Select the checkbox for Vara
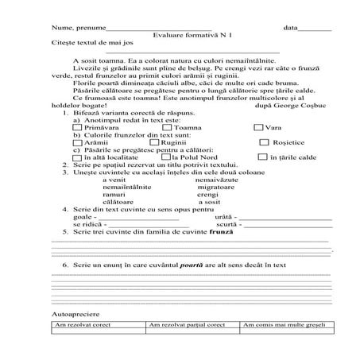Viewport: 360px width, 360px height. (x=258, y=127)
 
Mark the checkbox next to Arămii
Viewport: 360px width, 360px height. (x=76, y=142)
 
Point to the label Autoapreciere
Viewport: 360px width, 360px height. (x=72, y=314)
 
